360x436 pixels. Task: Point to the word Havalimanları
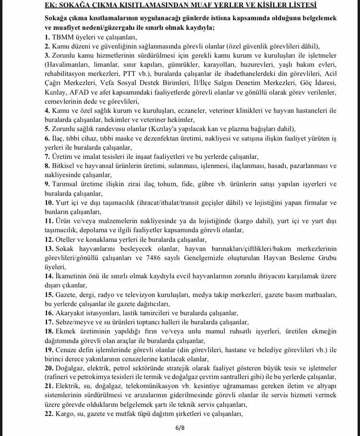point(68,64)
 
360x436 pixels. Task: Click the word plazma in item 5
point(227,129)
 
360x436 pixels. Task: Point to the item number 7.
point(47,156)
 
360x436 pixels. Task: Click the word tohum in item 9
point(218,184)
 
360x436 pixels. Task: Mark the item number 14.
point(49,276)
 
